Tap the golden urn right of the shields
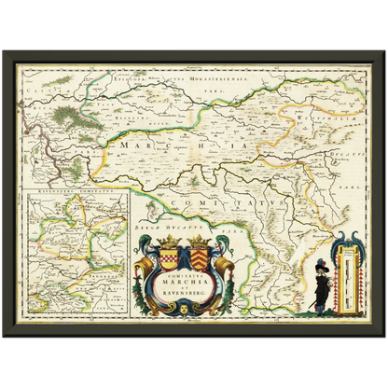click(224, 266)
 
